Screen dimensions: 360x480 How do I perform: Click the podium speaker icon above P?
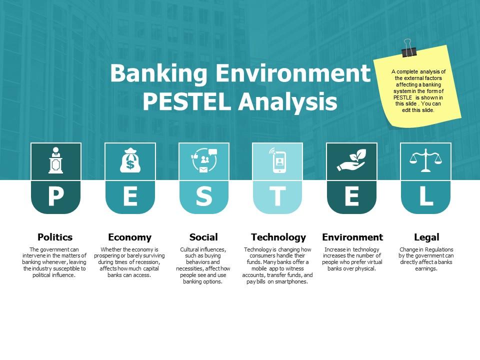coord(55,160)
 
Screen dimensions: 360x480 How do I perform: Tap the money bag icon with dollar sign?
coord(130,160)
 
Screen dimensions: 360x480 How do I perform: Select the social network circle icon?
coord(204,160)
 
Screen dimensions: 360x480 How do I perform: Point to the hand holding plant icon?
coord(351,160)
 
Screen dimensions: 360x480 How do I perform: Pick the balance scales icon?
coord(426,160)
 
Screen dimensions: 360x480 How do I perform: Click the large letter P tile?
coord(55,197)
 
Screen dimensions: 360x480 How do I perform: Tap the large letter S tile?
coord(204,197)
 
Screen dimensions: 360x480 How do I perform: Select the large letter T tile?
coord(277,197)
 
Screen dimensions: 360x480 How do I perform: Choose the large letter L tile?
coord(426,197)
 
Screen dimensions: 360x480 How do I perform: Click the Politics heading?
coord(55,237)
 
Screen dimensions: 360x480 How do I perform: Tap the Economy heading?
coord(129,237)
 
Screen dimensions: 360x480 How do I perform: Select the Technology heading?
coord(278,237)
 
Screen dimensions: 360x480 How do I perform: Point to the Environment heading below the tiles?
coord(352,237)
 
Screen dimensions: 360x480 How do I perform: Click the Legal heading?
coord(426,237)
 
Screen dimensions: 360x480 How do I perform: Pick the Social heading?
coord(203,237)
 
